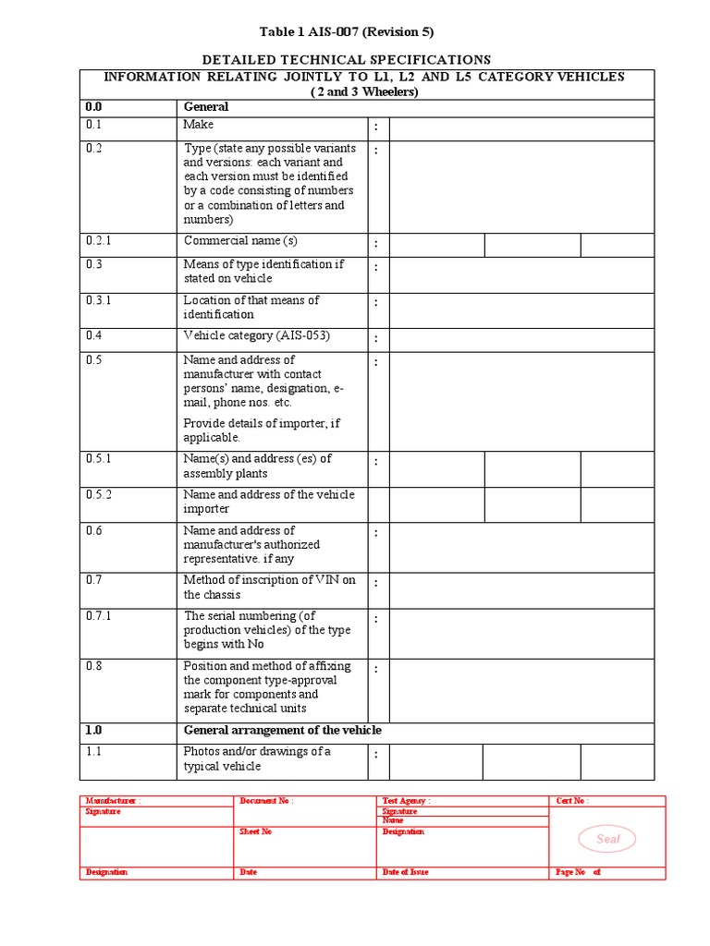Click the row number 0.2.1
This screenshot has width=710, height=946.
click(99, 241)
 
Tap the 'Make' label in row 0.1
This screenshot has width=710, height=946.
click(199, 125)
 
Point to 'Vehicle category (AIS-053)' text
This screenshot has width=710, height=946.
click(256, 335)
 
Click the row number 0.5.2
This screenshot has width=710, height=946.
click(99, 495)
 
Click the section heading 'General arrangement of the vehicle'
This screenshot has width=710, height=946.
click(282, 731)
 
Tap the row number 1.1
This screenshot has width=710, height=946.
click(93, 752)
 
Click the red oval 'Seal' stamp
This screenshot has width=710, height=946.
click(607, 839)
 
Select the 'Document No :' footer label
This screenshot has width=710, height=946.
click(266, 801)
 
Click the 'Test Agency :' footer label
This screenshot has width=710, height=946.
click(406, 801)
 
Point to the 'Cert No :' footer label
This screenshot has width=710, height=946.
click(572, 801)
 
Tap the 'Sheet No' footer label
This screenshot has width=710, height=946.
click(255, 831)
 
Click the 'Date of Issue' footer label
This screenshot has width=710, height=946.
click(405, 872)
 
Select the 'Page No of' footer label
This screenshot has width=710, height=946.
click(578, 872)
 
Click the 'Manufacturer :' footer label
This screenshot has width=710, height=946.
click(113, 801)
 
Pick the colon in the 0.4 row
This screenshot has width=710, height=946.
click(377, 338)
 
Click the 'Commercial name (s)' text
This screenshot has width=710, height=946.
click(240, 241)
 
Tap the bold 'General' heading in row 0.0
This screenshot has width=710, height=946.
click(205, 107)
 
